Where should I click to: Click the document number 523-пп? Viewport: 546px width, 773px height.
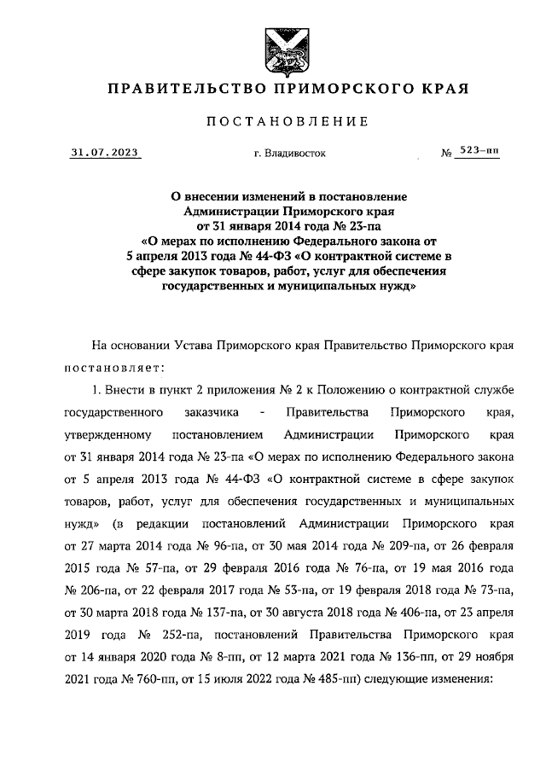click(x=479, y=151)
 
